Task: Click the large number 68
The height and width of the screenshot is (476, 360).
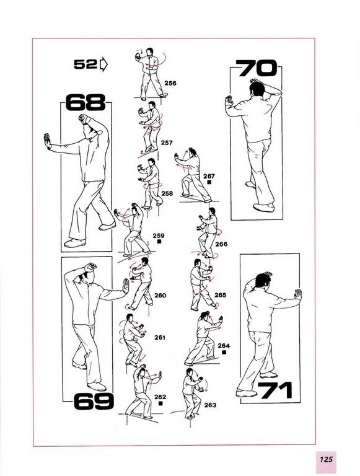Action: click(86, 102)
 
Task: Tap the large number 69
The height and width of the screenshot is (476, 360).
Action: click(94, 401)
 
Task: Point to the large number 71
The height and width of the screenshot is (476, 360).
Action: click(275, 390)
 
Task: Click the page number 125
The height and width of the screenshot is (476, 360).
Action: click(327, 459)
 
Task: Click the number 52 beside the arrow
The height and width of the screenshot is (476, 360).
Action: click(86, 64)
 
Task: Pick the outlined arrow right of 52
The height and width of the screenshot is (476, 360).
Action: click(103, 64)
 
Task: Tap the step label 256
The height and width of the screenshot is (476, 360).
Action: click(170, 83)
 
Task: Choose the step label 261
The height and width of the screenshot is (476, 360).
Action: click(160, 337)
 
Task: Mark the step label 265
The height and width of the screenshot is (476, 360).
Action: click(221, 295)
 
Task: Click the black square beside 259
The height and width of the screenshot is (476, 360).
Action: click(159, 242)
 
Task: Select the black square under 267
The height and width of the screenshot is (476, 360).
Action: click(209, 182)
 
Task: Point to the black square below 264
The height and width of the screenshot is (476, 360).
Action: click(224, 352)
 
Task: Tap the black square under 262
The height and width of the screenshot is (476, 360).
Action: click(160, 403)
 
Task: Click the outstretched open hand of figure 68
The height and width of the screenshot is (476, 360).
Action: click(47, 141)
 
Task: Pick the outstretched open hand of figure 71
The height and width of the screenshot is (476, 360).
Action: click(298, 294)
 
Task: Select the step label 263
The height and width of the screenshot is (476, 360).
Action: click(210, 405)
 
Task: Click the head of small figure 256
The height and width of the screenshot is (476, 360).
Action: click(150, 52)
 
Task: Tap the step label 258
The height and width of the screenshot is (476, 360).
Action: click(167, 193)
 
